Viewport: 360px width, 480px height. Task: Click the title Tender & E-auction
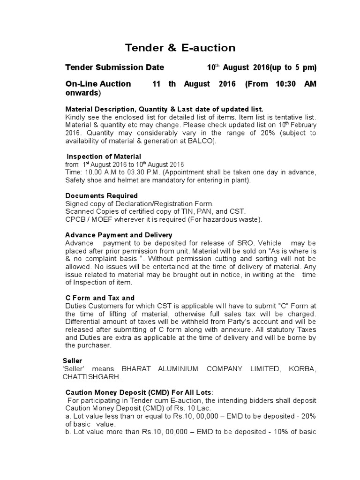[x=180, y=48]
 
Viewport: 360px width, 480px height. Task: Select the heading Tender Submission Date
[x=114, y=67]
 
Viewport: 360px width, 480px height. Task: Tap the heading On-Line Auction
[x=98, y=84]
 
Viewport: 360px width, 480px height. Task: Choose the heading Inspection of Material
[x=104, y=156]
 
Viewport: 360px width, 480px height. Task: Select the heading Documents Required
[x=101, y=195]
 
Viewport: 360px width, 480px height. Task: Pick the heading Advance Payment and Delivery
[x=119, y=235]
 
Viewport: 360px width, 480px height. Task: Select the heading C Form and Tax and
[x=100, y=298]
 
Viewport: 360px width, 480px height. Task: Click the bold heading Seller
[x=73, y=361]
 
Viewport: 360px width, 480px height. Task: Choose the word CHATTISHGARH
[x=93, y=376]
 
